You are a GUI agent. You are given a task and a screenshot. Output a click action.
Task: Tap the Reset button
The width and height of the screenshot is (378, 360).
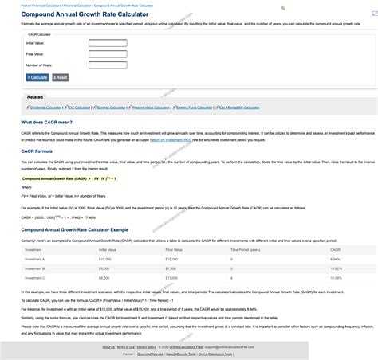60,77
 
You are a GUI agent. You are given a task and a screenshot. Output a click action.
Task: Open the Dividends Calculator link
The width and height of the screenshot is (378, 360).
45,107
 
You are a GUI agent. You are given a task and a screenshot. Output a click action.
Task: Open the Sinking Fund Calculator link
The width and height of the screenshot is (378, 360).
193,107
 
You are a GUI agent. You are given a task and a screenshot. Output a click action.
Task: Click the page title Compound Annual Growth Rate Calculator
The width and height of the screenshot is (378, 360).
81,14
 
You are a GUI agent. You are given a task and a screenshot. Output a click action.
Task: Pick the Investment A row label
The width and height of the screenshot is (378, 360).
35,259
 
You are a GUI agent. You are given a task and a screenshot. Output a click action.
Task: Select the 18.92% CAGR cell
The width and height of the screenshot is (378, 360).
335,268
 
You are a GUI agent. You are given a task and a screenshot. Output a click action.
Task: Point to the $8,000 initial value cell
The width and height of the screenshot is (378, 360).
104,278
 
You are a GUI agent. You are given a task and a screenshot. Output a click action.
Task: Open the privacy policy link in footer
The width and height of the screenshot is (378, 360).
146,347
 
